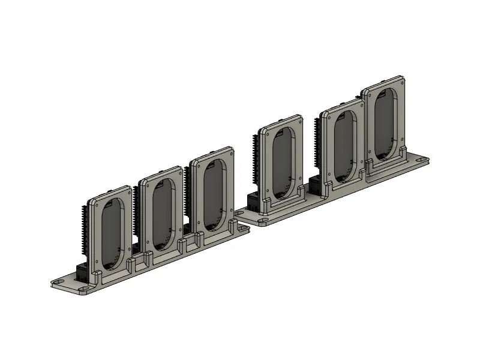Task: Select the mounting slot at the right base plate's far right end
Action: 422,160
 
